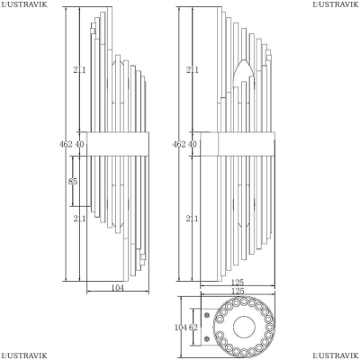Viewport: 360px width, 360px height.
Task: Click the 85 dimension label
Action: click(73, 182)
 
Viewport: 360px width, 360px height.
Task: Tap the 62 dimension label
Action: click(193, 328)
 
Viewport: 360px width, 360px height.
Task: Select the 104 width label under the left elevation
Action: click(118, 288)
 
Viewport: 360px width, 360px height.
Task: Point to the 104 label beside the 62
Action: click(181, 328)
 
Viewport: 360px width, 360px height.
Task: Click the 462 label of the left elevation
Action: click(66, 144)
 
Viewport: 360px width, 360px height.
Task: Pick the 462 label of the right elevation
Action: click(179, 144)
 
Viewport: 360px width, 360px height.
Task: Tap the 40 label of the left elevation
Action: click(79, 144)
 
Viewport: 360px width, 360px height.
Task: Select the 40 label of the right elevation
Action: click(193, 144)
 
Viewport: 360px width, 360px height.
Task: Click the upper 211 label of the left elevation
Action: click(79, 70)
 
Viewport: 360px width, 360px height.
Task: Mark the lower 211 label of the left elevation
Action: click(79, 219)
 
